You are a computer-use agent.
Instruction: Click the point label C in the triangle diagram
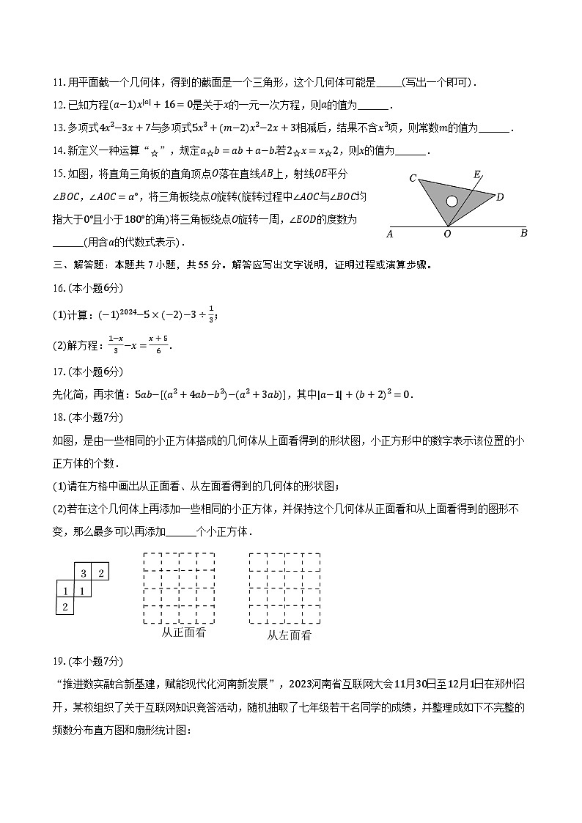[x=413, y=178]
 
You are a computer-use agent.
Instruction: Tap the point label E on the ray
[x=477, y=174]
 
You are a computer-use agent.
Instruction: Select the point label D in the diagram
[x=500, y=197]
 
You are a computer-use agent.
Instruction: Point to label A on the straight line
[x=389, y=235]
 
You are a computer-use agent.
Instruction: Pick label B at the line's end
[x=523, y=234]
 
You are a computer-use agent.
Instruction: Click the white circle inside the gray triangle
[x=452, y=201]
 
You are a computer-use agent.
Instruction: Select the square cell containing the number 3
[x=84, y=573]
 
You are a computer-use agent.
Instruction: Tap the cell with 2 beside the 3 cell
[x=101, y=573]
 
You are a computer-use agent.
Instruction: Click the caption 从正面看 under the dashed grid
[x=183, y=632]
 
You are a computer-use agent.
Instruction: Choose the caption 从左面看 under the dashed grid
[x=289, y=635]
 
